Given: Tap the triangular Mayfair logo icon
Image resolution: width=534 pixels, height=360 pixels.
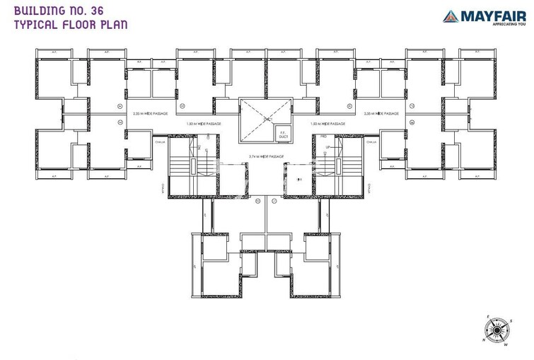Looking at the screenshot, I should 451,16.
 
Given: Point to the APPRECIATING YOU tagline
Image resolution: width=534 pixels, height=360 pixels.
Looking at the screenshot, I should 491,24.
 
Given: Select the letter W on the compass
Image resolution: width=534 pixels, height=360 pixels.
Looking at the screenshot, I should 506,345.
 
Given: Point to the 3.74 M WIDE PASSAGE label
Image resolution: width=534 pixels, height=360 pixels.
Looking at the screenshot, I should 266,156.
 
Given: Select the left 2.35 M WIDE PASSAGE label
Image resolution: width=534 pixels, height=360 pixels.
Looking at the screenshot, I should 151,113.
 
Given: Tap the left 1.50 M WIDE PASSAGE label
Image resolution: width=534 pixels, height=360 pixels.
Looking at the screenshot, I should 204,124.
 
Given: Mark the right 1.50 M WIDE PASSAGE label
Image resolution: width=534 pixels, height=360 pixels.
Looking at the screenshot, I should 327,124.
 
